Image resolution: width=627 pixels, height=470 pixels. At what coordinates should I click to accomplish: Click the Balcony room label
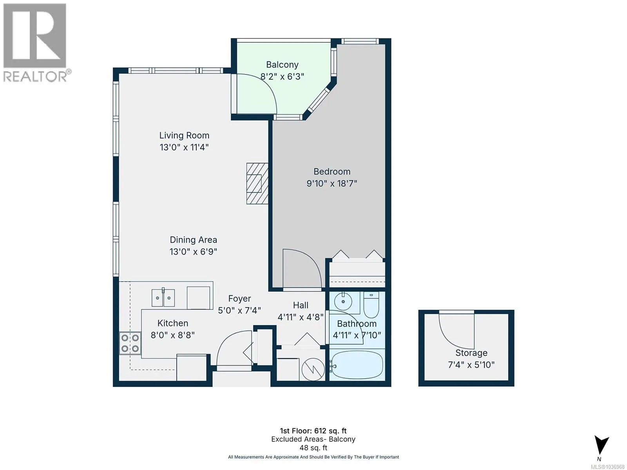click(x=282, y=65)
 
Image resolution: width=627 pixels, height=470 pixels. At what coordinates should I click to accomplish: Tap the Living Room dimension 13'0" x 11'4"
click(x=184, y=147)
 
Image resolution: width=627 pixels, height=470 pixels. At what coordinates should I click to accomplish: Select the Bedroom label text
click(x=332, y=172)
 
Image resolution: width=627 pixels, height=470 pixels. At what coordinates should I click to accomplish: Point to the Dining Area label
click(x=193, y=240)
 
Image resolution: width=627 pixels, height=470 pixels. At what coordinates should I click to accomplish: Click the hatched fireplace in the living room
click(x=257, y=183)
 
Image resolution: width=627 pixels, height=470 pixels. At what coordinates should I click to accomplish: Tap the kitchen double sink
click(x=163, y=298)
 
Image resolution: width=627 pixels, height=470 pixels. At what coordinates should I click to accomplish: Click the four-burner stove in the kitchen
click(x=130, y=343)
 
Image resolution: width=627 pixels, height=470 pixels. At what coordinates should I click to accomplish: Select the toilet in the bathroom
click(x=371, y=304)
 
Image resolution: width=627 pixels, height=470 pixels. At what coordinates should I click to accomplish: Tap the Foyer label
click(x=239, y=298)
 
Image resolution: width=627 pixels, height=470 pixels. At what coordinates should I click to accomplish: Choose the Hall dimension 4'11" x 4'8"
click(x=301, y=317)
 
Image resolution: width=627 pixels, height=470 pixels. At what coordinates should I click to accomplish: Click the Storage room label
click(x=471, y=353)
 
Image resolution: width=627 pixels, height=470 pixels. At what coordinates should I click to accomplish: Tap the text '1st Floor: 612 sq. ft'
click(x=313, y=431)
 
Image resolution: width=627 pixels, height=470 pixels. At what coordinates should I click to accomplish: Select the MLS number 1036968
click(x=608, y=467)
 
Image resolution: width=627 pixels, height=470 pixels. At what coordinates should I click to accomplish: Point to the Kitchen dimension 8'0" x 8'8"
click(x=172, y=335)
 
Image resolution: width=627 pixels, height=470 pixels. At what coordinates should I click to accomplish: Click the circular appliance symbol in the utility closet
click(x=313, y=369)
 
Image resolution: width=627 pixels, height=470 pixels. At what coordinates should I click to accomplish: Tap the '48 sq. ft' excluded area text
click(x=313, y=448)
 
